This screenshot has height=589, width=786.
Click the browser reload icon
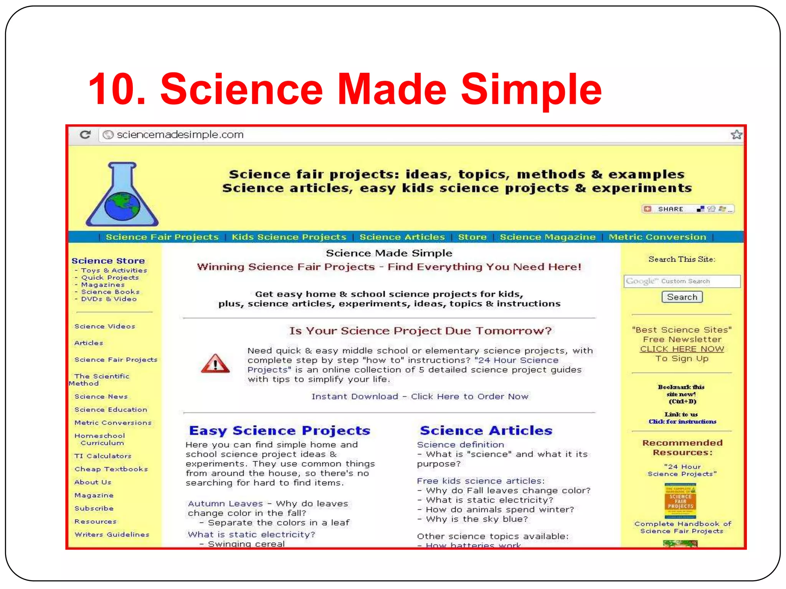[x=85, y=135]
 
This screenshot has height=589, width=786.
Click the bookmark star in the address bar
[x=736, y=135]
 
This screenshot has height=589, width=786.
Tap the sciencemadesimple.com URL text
[x=180, y=135]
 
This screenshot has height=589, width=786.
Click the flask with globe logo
[x=122, y=194]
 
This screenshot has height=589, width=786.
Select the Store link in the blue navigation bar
[x=472, y=237]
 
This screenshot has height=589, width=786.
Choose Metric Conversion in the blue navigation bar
[x=657, y=237]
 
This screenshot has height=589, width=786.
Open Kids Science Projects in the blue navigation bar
[x=289, y=237]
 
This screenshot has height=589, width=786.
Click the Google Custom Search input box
[x=682, y=281]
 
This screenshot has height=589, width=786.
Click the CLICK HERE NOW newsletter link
[x=682, y=349]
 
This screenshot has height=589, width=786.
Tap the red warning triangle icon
[x=215, y=364]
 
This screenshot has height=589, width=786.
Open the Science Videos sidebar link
[x=105, y=326]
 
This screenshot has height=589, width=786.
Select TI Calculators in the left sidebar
[x=103, y=456]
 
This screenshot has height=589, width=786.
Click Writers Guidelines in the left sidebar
[x=112, y=535]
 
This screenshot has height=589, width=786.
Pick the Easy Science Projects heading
[x=279, y=431]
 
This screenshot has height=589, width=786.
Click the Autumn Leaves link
[x=225, y=503]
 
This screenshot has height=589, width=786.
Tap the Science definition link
[x=460, y=445]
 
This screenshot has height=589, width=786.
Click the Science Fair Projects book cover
[x=680, y=501]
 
